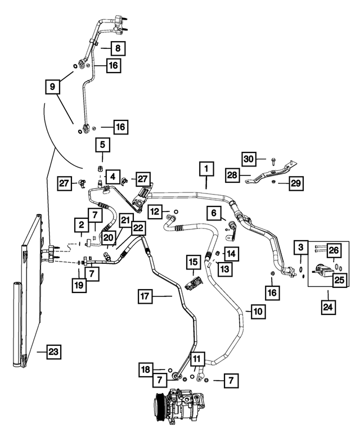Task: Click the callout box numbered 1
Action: point(206,168)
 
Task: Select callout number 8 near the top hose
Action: point(118,48)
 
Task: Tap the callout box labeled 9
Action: point(53,87)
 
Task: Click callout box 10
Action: point(257,310)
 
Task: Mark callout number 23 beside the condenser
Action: point(53,352)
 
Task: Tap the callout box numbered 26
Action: point(334,249)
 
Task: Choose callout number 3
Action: point(302,248)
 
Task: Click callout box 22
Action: point(138,227)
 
